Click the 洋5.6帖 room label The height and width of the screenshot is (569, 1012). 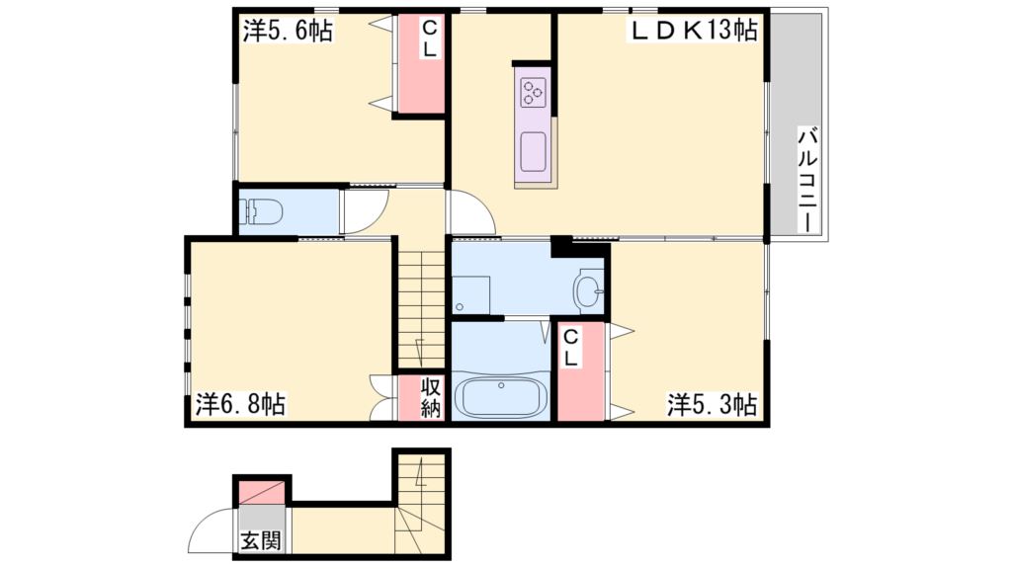[288, 32]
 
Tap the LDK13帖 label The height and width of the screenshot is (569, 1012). [695, 31]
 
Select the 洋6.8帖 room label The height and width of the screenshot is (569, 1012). [240, 404]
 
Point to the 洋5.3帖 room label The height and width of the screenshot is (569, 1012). [712, 404]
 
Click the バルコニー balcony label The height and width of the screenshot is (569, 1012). [806, 179]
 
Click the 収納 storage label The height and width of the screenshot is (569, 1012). [430, 397]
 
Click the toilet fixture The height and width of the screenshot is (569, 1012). [263, 210]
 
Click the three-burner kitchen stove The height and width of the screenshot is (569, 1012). [534, 93]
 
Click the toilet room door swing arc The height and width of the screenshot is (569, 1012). [361, 210]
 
